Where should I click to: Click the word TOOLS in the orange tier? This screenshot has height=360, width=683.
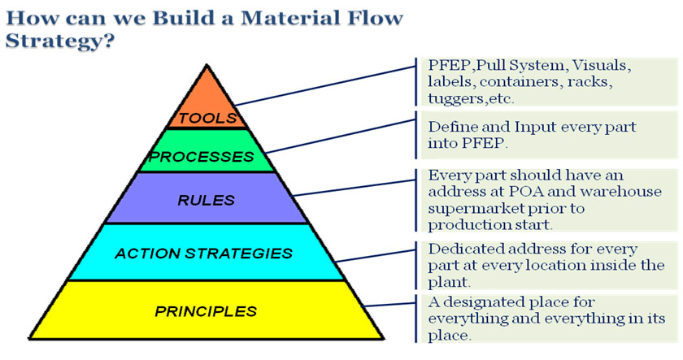pyautogui.click(x=207, y=118)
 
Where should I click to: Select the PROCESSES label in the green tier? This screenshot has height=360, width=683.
pyautogui.click(x=202, y=157)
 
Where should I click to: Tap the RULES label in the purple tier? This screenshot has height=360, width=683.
pyautogui.click(x=206, y=200)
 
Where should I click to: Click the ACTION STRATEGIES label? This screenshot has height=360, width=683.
pyautogui.click(x=203, y=254)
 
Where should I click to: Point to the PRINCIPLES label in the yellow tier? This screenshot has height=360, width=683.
pyautogui.click(x=206, y=311)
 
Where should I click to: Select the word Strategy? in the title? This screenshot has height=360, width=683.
pyautogui.click(x=60, y=41)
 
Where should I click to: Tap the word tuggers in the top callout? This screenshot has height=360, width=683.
pyautogui.click(x=455, y=99)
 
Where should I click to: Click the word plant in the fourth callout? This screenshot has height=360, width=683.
pyautogui.click(x=447, y=283)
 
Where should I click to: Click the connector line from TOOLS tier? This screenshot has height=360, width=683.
pyautogui.click(x=325, y=86)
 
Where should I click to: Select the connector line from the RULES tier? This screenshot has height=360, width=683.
pyautogui.click(x=355, y=188)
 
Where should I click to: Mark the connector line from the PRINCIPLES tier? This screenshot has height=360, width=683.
pyautogui.click(x=389, y=304)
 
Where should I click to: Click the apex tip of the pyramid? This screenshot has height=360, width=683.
pyautogui.click(x=207, y=65)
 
